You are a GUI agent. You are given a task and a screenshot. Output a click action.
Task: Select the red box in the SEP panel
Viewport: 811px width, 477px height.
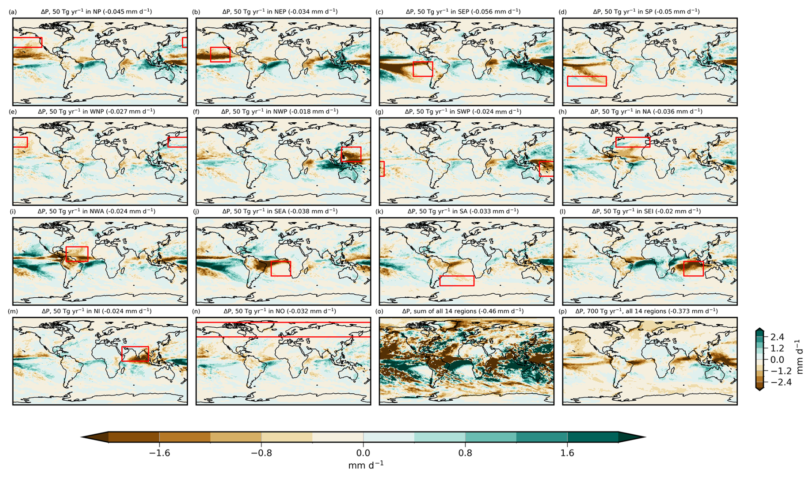tap(413, 69)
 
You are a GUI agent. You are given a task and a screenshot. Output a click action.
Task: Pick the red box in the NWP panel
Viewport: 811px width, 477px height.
tap(342, 154)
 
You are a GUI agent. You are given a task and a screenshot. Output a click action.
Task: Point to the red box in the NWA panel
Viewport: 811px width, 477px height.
tap(66, 254)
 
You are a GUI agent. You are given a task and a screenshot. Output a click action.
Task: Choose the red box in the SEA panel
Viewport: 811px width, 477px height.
tap(271, 269)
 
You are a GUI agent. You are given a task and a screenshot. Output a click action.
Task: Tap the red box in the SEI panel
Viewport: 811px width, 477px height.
tap(684, 269)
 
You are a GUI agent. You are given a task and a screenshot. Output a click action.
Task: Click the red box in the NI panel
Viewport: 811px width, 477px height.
tap(122, 354)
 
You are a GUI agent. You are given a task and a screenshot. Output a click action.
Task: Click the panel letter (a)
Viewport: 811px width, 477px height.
tap(13, 12)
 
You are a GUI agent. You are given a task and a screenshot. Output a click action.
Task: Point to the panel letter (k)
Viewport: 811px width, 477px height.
tap(379, 211)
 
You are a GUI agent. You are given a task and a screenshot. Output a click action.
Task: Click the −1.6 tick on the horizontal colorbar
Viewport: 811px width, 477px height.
tap(159, 453)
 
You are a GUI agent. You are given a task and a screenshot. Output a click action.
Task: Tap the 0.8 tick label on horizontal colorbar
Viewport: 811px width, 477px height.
tap(465, 453)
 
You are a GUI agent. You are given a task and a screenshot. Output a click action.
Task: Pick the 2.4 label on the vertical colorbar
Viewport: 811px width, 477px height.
tap(777, 337)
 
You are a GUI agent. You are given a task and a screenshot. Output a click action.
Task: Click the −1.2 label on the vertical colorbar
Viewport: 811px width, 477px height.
tap(781, 371)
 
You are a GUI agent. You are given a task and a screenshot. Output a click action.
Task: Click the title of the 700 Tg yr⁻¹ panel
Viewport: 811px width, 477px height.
tap(646, 311)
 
